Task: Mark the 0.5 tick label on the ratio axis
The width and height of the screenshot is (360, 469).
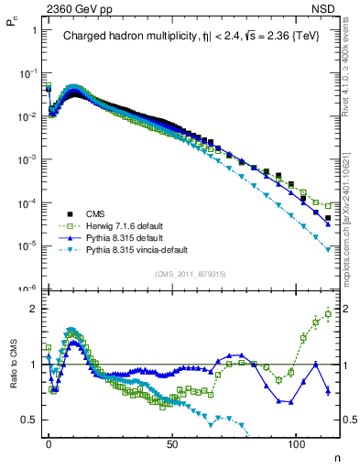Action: [x=27, y=420]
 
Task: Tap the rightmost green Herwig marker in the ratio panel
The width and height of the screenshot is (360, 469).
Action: [x=328, y=314]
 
